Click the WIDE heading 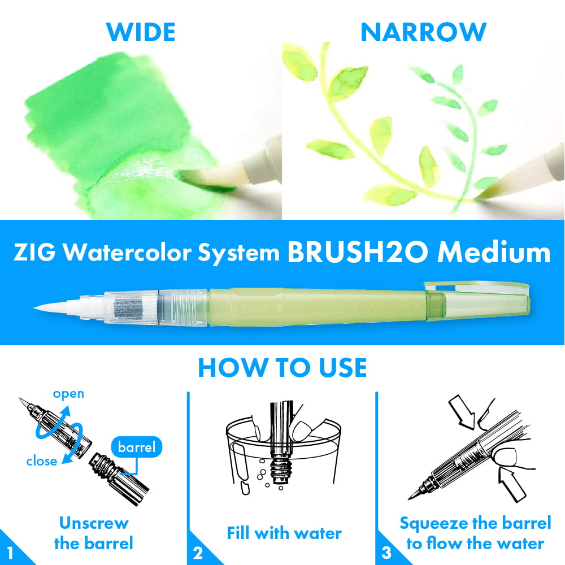click(141, 32)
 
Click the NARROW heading click(423, 32)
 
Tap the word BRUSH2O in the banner click(358, 252)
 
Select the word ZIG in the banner click(34, 252)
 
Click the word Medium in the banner click(494, 252)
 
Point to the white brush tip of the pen click(58, 307)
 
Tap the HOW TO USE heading click(282, 368)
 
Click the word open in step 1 click(68, 394)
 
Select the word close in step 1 click(42, 461)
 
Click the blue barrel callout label click(137, 447)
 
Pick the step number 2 click(198, 553)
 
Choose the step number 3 click(386, 553)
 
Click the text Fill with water click(284, 533)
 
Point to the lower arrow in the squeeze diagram click(512, 484)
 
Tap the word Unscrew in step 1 click(94, 523)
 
